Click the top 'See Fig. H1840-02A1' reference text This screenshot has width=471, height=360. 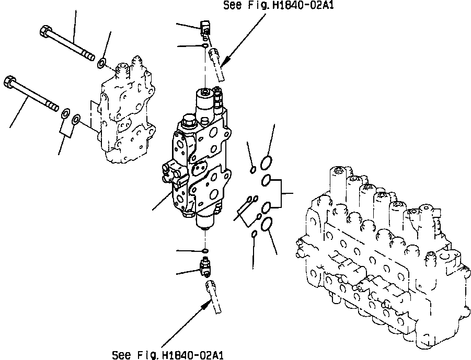(x=278, y=5)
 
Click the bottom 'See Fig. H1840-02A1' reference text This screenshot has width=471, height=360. (x=168, y=355)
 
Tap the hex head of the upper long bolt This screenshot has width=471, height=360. (x=45, y=31)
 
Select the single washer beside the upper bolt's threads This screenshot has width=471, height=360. (x=101, y=63)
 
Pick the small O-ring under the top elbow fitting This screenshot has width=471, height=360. (x=205, y=45)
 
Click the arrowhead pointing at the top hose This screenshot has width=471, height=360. (x=226, y=61)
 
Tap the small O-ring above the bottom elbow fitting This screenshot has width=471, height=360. (x=205, y=250)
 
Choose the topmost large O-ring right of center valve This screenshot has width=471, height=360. (x=266, y=162)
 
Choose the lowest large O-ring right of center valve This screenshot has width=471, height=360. (x=267, y=224)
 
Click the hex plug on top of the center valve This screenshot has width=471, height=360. (x=189, y=121)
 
